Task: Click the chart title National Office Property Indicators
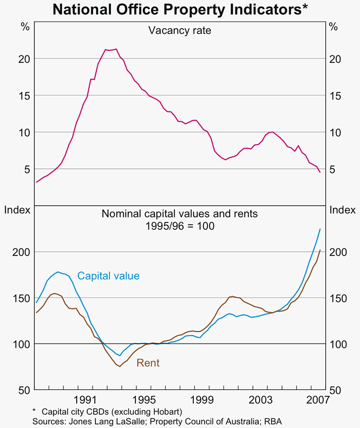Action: pos(180,9)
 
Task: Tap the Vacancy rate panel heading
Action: pos(180,30)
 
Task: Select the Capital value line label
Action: pos(108,276)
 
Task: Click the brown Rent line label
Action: pos(148,363)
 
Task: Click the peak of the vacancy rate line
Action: pos(116,49)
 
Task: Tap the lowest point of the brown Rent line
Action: pos(119,367)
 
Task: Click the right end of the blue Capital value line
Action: pos(320,229)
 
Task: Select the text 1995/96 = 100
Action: pos(180,226)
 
